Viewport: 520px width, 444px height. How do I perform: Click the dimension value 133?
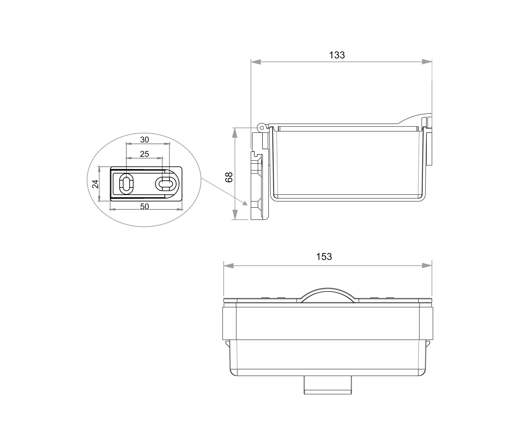click(x=337, y=55)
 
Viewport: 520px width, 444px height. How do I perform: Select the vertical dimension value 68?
click(x=229, y=177)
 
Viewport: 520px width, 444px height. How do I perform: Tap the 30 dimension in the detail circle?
click(x=145, y=140)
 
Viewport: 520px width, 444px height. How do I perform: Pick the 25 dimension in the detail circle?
click(x=145, y=154)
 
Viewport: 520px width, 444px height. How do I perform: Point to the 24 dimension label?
click(x=95, y=184)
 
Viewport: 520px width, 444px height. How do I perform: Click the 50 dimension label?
click(x=145, y=207)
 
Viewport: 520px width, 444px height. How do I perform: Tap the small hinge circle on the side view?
click(x=262, y=128)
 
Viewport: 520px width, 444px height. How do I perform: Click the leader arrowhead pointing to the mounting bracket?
click(x=245, y=203)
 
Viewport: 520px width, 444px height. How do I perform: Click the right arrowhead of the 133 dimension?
click(x=427, y=62)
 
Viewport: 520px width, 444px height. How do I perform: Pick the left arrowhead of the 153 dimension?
click(x=229, y=266)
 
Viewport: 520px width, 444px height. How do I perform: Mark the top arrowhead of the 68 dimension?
click(x=235, y=133)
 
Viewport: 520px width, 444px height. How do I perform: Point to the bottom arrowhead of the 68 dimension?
click(x=235, y=215)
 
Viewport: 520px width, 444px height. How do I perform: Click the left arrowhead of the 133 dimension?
click(x=256, y=62)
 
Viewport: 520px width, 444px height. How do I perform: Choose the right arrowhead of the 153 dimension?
click(x=427, y=266)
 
